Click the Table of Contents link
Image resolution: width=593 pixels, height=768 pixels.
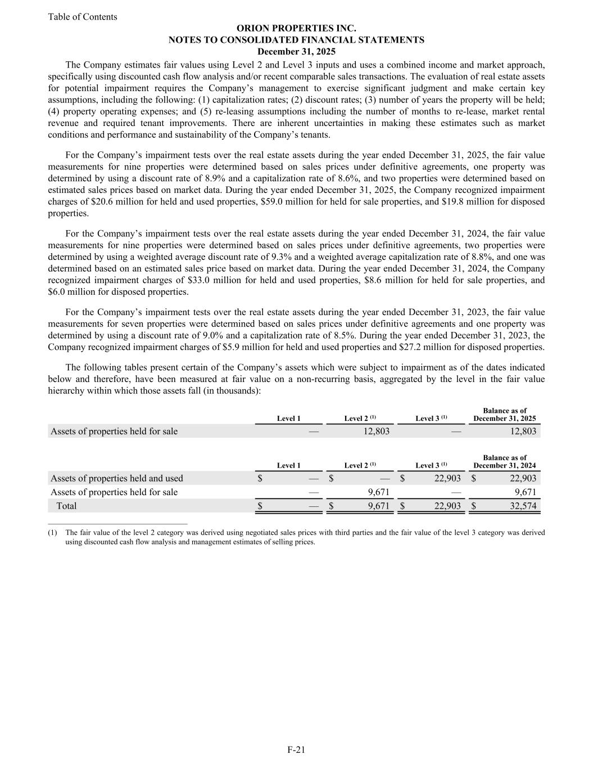click(83, 17)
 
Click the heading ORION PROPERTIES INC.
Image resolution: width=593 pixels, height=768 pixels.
click(296, 28)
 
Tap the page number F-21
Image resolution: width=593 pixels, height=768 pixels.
click(296, 749)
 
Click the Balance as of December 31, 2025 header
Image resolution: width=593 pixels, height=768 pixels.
click(504, 415)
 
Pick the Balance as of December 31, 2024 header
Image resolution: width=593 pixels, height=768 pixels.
click(504, 462)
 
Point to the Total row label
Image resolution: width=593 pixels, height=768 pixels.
click(66, 506)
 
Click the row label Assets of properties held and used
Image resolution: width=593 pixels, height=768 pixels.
click(117, 478)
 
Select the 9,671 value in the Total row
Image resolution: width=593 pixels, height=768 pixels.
click(375, 506)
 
